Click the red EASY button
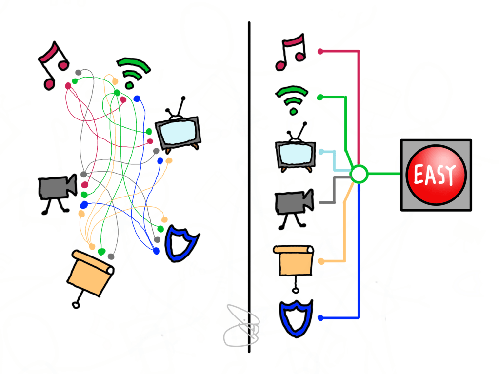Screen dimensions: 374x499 [x=436, y=175]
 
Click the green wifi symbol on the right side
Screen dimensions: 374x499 [x=292, y=99]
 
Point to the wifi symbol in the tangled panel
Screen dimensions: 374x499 [x=133, y=73]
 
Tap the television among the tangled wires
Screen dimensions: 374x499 [x=178, y=130]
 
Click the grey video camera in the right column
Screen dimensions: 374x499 [x=293, y=205]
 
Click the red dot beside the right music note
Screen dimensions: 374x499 [x=320, y=51]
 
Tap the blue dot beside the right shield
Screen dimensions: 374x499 [x=320, y=318]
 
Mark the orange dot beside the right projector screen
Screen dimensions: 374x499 [x=320, y=261]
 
